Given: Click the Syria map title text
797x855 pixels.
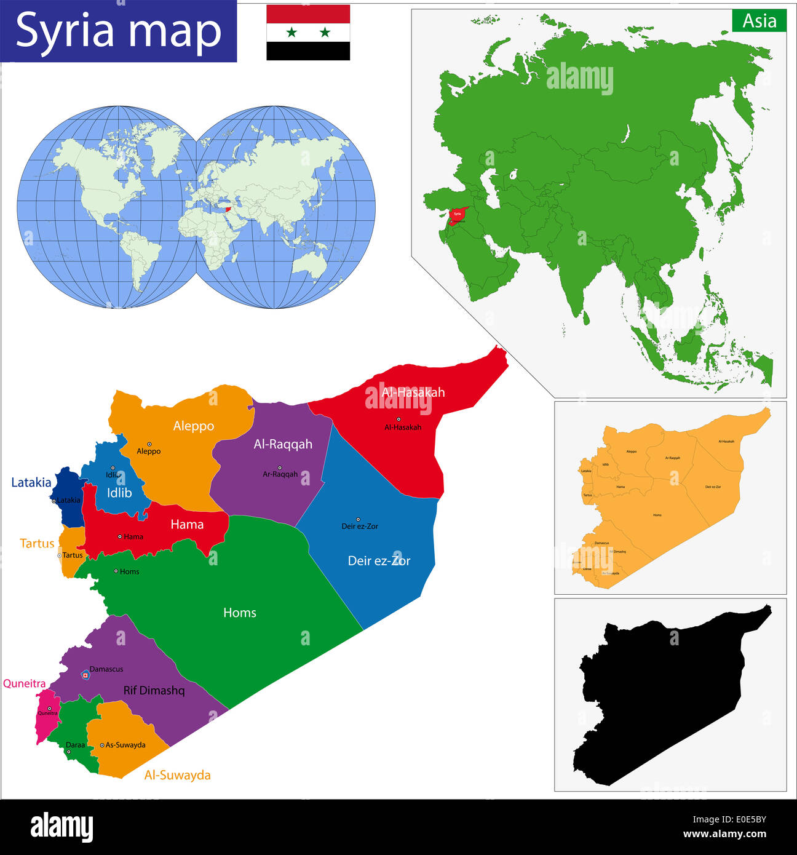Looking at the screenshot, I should pos(118,31).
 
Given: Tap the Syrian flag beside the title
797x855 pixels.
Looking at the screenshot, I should pos(308,33).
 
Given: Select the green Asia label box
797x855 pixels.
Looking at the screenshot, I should pos(759,21).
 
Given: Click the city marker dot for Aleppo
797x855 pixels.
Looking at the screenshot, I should pos(149,443).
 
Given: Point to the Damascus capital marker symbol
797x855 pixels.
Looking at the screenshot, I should pos(85,675).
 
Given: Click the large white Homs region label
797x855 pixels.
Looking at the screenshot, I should pos(239,613).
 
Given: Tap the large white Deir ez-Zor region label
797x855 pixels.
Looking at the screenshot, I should pos(379,560).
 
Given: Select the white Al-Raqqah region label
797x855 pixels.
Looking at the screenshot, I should pos(283,444).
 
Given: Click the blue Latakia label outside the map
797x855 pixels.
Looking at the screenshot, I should pos(31,482).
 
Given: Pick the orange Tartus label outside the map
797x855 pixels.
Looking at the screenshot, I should pos(37,543).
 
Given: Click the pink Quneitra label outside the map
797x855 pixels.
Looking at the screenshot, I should pos(24,683).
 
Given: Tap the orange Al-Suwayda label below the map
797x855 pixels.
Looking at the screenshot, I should pos(177,775).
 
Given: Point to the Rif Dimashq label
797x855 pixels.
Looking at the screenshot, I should pos(154,690).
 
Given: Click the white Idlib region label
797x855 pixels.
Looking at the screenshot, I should pos(119,493).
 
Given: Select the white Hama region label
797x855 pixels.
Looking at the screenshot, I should pos(187,524).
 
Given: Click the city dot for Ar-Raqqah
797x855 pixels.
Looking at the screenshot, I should pos(279,467).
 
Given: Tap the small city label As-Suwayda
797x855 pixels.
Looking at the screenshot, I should pos(125,745).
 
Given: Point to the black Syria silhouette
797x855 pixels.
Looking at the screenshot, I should pos(664,695).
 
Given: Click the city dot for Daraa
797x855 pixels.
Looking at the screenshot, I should pos(68,752).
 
